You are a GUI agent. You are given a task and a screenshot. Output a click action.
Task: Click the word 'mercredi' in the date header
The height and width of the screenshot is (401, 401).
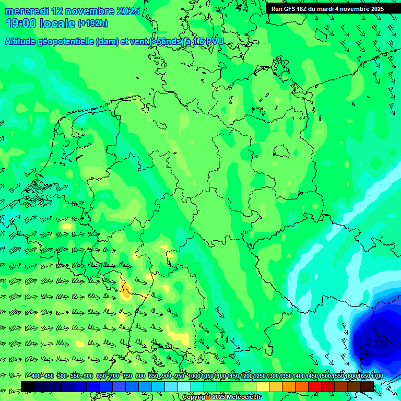pos(26,11)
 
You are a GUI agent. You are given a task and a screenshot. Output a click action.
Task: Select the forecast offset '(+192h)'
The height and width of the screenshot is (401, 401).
pos(93,23)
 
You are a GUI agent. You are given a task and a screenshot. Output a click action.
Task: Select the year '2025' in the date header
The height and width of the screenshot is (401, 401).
pos(125,11)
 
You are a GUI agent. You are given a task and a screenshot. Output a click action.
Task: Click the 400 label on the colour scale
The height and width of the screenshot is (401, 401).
pos(36,376)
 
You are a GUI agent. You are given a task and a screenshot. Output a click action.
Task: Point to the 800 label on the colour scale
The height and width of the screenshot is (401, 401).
pos(140,376)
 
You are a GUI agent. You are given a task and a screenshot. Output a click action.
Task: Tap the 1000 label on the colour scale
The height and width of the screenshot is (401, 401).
pos(194,376)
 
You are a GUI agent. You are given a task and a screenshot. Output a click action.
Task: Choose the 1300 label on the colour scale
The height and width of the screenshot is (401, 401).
pos(273,376)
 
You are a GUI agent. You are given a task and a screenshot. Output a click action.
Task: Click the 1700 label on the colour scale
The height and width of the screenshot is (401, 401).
pos(377,376)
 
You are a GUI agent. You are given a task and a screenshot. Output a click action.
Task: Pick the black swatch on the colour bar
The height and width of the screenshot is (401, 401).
pos(28,386)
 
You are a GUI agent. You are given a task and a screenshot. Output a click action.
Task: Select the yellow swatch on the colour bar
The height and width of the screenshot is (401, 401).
pos(263,386)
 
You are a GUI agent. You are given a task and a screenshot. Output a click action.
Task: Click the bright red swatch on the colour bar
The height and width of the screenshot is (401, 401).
pos(315,386)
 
